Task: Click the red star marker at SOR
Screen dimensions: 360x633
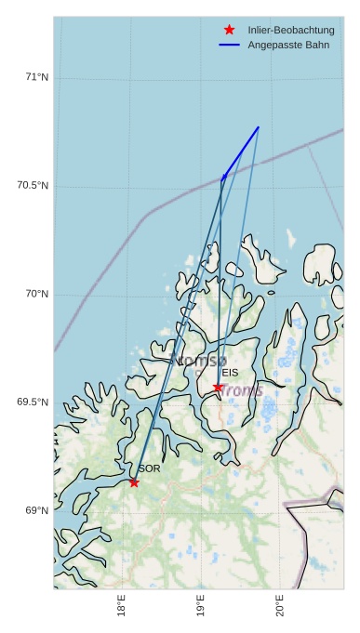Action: click(134, 482)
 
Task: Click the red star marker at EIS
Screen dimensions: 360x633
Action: click(218, 388)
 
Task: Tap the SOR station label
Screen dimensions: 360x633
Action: click(149, 468)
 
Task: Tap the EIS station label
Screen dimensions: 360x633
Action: click(230, 373)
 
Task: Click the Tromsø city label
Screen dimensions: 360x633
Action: click(199, 360)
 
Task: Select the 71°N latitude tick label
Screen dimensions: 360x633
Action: click(36, 77)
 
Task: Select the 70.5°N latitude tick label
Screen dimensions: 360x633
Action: click(33, 186)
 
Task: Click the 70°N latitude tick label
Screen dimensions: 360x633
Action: click(36, 295)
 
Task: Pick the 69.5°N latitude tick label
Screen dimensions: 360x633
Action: click(33, 402)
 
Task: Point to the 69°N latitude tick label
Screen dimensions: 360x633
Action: click(36, 511)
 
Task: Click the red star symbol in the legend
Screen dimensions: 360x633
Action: click(229, 31)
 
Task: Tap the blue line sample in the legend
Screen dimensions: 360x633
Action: click(229, 45)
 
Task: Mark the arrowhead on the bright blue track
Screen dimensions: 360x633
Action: click(223, 176)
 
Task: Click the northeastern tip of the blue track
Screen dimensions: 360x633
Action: click(259, 126)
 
